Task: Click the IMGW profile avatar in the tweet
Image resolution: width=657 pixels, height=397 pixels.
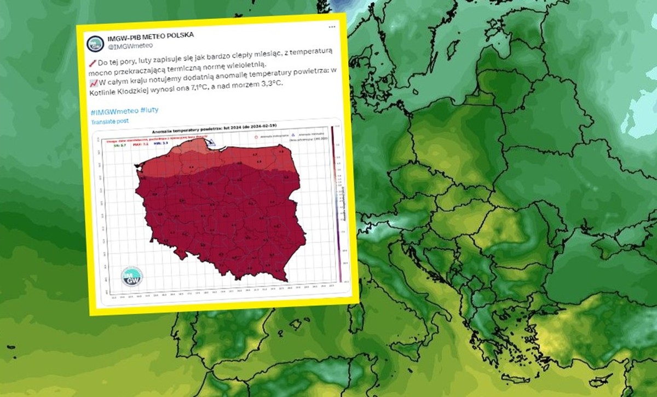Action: coord(95,43)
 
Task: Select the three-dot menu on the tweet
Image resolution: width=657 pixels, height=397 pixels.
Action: coord(331,26)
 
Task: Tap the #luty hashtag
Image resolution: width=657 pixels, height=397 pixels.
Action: coord(149,111)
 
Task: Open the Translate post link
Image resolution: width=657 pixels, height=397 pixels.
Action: coord(110,120)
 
